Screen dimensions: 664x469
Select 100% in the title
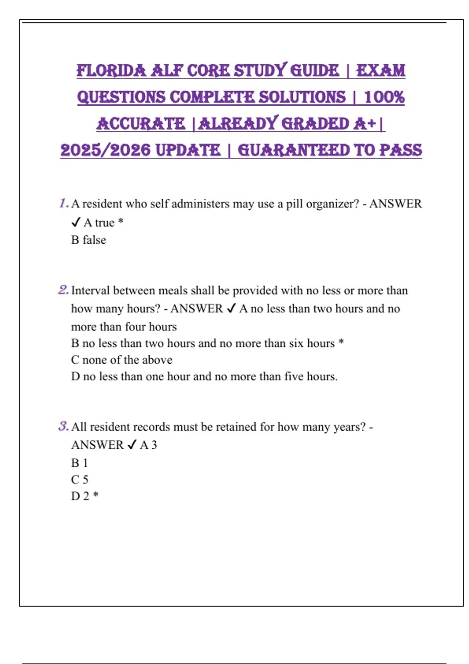(384, 97)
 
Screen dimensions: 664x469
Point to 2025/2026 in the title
(105, 150)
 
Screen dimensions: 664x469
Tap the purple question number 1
(64, 203)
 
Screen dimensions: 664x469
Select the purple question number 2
(63, 290)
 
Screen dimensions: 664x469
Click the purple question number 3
(63, 427)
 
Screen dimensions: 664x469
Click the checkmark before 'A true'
(76, 223)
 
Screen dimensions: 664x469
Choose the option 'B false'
(88, 240)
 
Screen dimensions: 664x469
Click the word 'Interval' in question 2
(90, 291)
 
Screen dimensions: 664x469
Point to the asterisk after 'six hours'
(341, 342)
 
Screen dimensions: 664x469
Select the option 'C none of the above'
(122, 360)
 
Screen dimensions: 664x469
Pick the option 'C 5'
(80, 479)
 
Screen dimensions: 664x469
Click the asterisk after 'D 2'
(96, 495)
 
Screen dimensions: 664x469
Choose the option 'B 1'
(79, 463)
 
